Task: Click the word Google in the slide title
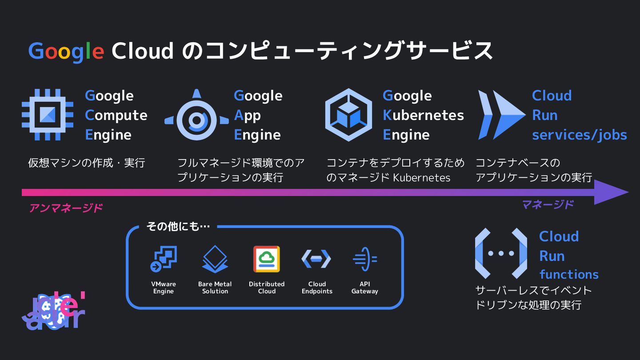[x=66, y=51]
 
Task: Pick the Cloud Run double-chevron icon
[x=501, y=115]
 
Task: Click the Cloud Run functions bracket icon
[x=501, y=253]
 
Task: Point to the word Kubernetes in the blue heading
[x=423, y=115]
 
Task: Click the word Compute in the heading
[x=116, y=115]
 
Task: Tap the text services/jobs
[x=579, y=135]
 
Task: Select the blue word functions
[x=568, y=274]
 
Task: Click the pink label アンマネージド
[x=66, y=208]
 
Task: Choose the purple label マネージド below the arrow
[x=548, y=204]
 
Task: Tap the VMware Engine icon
[x=164, y=259]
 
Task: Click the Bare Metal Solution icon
[x=215, y=259]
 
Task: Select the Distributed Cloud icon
[x=267, y=259]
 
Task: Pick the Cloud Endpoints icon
[x=316, y=259]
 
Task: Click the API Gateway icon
[x=364, y=259]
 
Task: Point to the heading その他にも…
[x=178, y=227]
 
